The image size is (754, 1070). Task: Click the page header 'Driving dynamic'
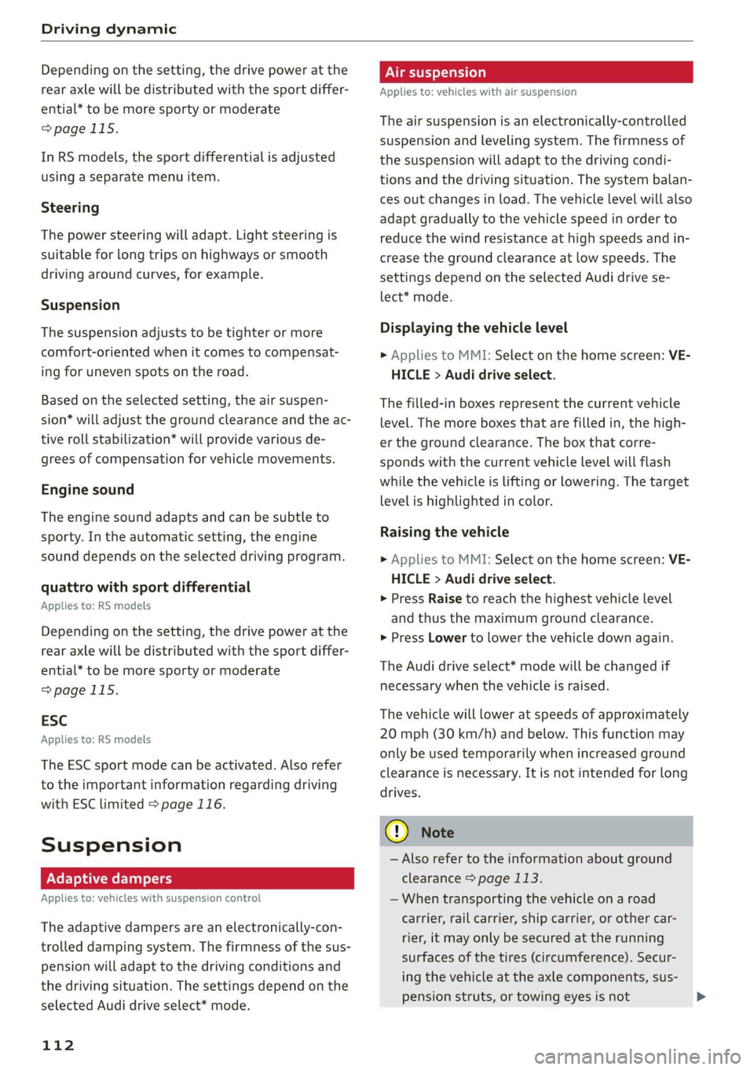(x=108, y=29)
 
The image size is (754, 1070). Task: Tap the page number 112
(x=58, y=1045)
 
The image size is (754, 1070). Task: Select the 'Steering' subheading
(x=70, y=207)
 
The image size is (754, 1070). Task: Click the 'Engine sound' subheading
(x=87, y=490)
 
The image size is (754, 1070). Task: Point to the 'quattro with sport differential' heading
(x=145, y=587)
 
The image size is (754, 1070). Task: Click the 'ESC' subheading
(x=54, y=721)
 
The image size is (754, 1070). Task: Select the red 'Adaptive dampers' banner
(x=197, y=878)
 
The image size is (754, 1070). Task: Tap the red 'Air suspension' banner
(x=536, y=72)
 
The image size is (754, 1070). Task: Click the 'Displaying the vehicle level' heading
(x=474, y=328)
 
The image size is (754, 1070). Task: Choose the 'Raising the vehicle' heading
(x=445, y=532)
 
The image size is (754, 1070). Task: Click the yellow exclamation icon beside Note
(x=397, y=831)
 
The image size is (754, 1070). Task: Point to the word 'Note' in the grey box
(x=437, y=833)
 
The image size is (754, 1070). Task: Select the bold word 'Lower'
(x=448, y=638)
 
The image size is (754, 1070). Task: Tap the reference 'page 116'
(x=192, y=805)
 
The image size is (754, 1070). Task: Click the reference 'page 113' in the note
(x=508, y=878)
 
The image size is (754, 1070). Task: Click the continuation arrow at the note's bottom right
(x=701, y=997)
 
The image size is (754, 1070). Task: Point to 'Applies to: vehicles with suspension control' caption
(x=151, y=898)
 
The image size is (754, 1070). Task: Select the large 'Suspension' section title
(x=112, y=845)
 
